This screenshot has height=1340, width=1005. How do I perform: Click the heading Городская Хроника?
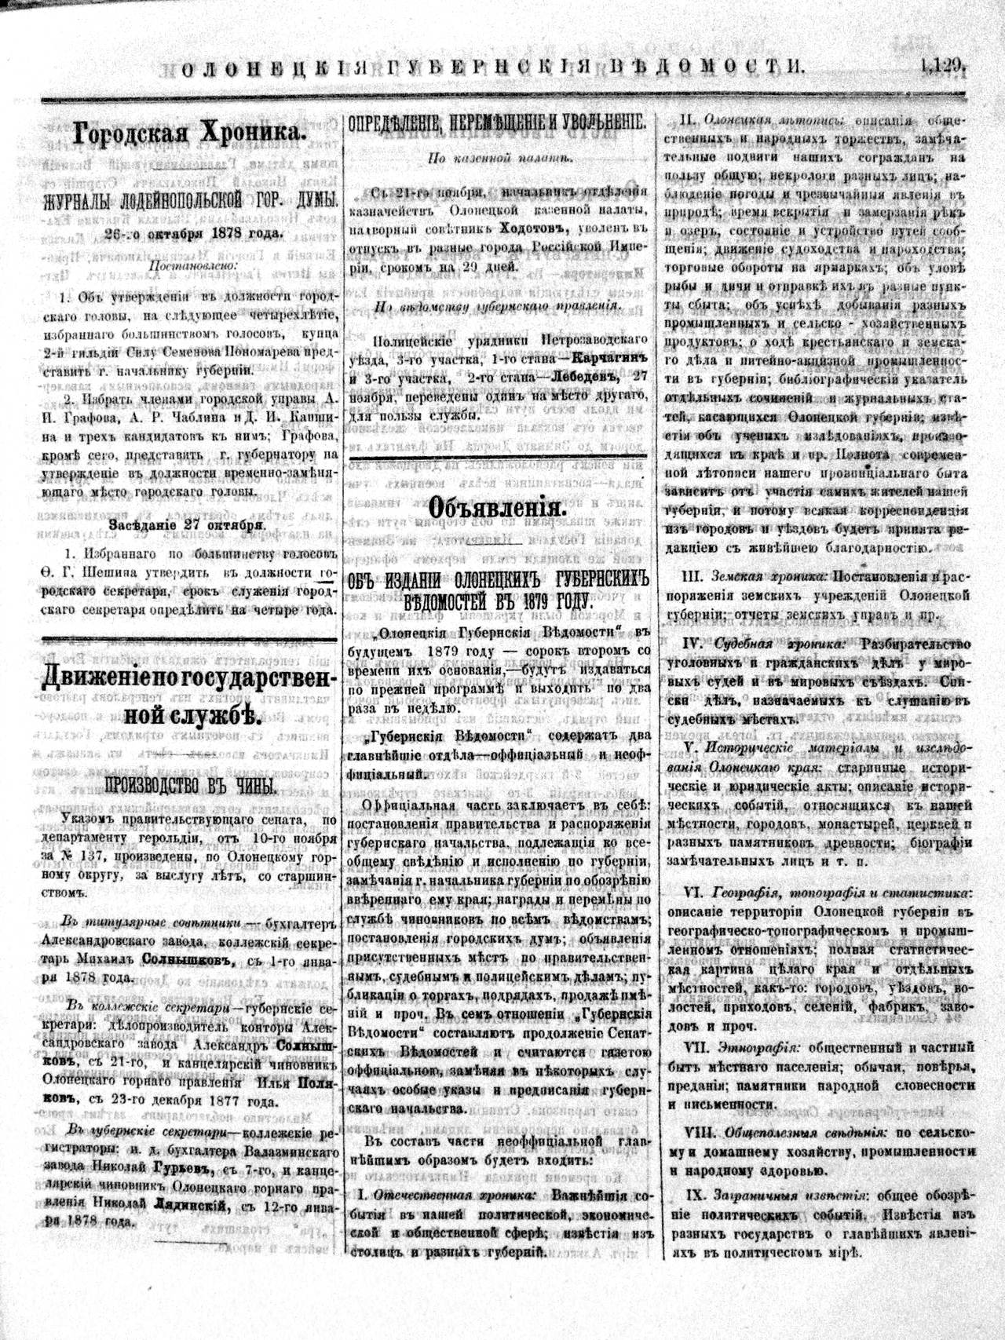click(x=188, y=133)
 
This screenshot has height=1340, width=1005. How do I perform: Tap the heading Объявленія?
click(x=497, y=509)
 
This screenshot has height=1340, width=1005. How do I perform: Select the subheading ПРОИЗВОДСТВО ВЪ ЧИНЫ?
click(x=190, y=786)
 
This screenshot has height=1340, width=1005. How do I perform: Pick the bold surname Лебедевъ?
click(x=579, y=376)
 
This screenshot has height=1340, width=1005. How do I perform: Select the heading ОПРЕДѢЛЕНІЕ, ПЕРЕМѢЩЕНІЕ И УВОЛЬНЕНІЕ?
click(x=497, y=123)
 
